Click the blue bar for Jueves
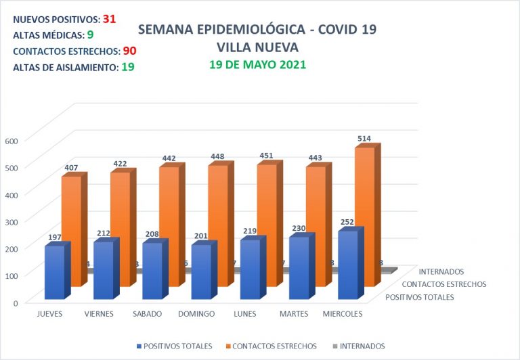pos(54,272)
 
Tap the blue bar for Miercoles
pos(347,265)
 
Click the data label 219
pos(250,231)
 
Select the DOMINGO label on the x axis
pos(196,314)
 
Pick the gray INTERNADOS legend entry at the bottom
pos(360,346)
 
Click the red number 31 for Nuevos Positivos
pos(109,19)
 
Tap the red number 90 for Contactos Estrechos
pos(130,51)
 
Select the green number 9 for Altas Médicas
pos(90,35)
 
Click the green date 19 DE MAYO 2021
pos(257,65)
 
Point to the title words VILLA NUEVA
pos(257,47)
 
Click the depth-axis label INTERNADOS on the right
pos(441,272)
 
